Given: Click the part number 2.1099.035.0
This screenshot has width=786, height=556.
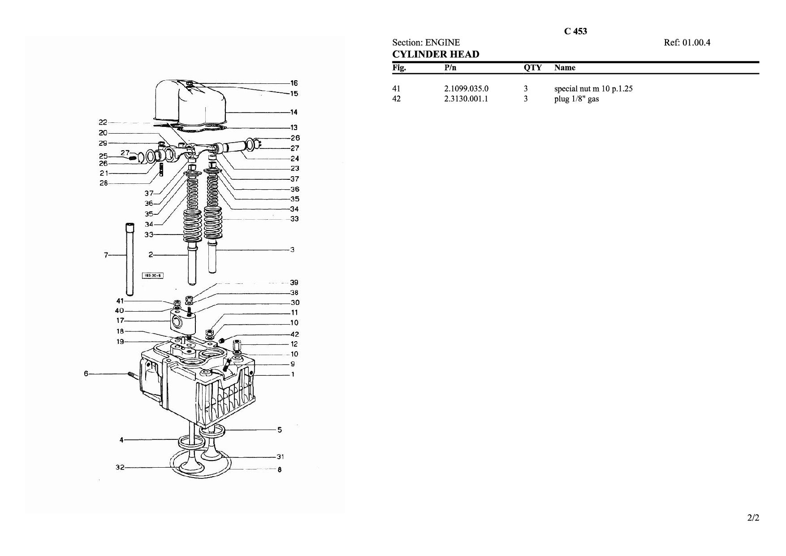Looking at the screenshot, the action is click(x=466, y=89).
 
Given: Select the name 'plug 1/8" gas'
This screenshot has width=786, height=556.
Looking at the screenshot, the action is click(x=576, y=99).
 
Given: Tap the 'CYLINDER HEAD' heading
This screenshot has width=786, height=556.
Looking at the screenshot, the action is click(x=436, y=54).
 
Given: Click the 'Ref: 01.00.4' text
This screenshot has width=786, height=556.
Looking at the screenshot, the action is click(x=687, y=43).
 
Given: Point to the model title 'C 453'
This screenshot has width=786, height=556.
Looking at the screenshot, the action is click(x=575, y=31).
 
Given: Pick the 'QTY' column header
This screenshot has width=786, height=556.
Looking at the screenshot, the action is click(x=532, y=68).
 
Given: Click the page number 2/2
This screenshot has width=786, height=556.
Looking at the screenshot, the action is click(x=753, y=518).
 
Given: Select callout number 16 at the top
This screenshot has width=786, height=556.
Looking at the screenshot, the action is click(x=294, y=83).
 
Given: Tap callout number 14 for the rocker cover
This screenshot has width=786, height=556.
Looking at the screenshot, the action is click(x=294, y=112).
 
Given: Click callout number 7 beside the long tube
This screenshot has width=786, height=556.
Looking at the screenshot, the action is click(x=106, y=255).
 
